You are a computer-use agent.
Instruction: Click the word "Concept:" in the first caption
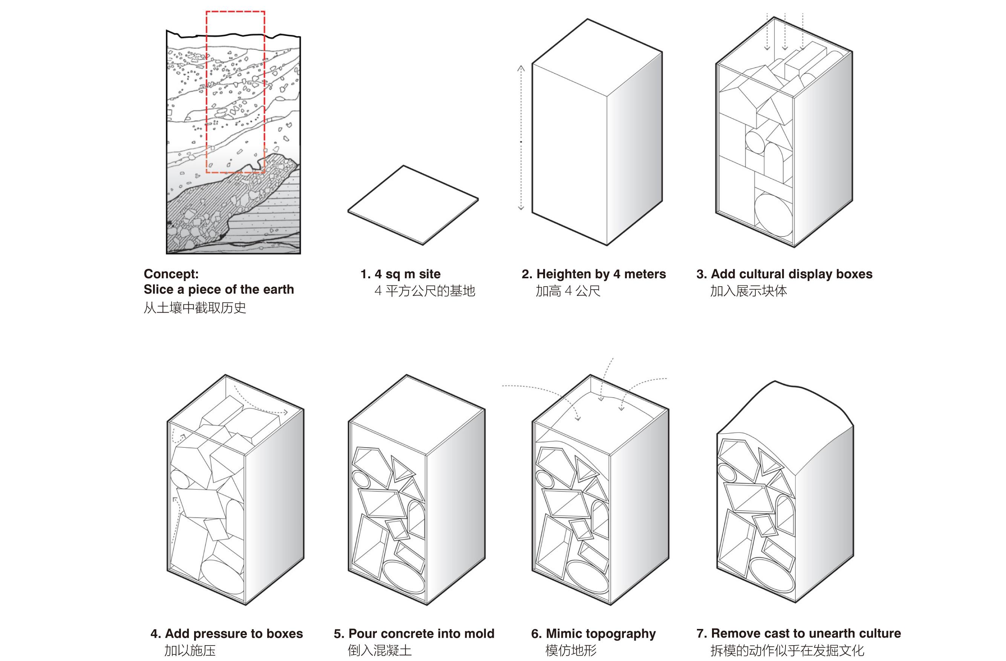pos(171,274)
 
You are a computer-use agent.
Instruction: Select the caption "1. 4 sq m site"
pos(400,274)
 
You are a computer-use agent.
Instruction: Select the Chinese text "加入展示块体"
pos(748,291)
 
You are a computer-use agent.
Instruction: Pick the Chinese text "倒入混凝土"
pos(380,650)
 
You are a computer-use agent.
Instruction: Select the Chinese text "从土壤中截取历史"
pos(195,307)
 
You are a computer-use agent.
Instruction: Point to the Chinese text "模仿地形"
pos(571,650)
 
